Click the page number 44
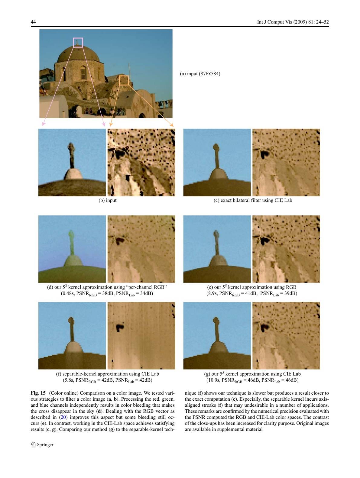pyautogui.click(x=33, y=22)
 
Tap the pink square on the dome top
pyautogui.click(x=78, y=43)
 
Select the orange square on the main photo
pyautogui.click(x=124, y=80)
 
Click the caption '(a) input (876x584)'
pyautogui.click(x=200, y=73)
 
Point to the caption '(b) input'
pyautogui.click(x=107, y=200)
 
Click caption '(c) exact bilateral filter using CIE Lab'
pyautogui.click(x=253, y=200)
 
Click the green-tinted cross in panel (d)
pyautogui.click(x=71, y=242)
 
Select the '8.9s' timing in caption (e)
pyautogui.click(x=212, y=293)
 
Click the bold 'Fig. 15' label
pyautogui.click(x=38, y=393)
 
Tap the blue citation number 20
pyautogui.click(x=63, y=417)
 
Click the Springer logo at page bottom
pyautogui.click(x=42, y=444)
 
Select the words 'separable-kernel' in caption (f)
pyautogui.click(x=80, y=374)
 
